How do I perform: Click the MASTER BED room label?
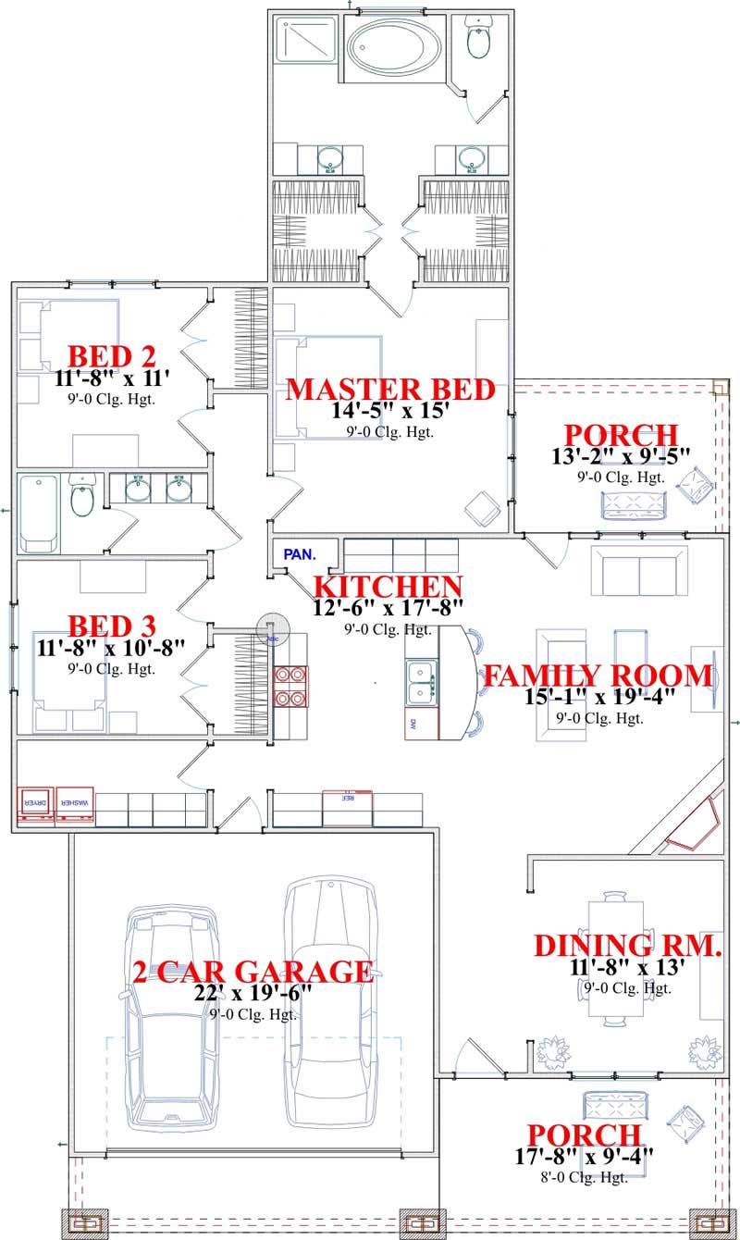(x=397, y=389)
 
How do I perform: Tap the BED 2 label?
(x=112, y=356)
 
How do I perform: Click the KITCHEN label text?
(x=388, y=587)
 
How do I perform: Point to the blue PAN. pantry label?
(x=299, y=555)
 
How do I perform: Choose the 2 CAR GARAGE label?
(x=253, y=972)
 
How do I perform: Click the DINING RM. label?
(x=627, y=945)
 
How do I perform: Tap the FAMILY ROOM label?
(x=598, y=676)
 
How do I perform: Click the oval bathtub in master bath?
(x=393, y=43)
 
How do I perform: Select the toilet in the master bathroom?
(x=478, y=39)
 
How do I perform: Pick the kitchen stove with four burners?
(x=291, y=687)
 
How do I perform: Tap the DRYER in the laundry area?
(x=34, y=804)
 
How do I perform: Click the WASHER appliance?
(x=74, y=804)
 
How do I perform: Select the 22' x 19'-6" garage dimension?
(x=253, y=994)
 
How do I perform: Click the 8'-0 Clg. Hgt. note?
(x=584, y=1177)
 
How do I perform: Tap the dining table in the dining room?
(x=616, y=958)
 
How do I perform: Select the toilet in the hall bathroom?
(x=82, y=498)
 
